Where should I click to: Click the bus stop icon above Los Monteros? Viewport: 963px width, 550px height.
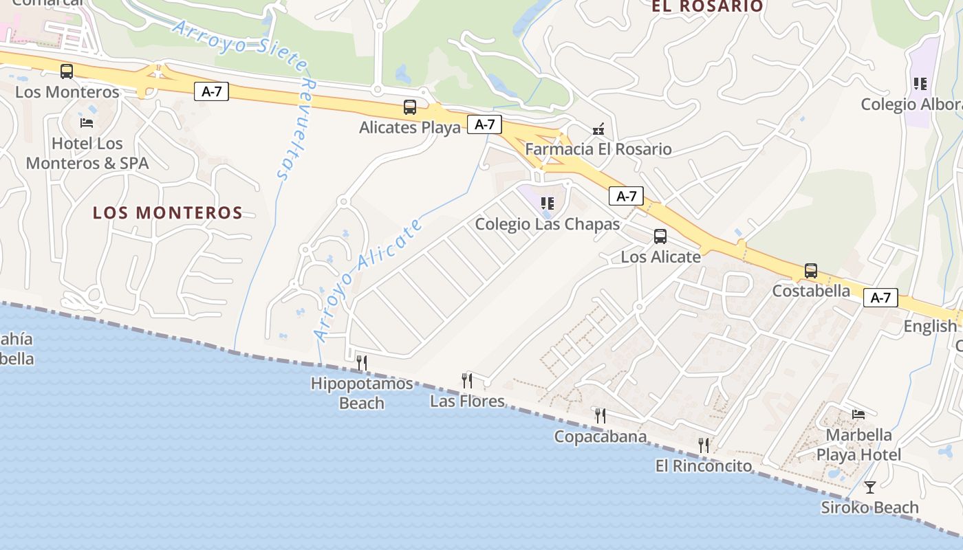click(x=67, y=71)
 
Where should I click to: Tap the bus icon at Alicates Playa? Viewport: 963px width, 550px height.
click(x=410, y=107)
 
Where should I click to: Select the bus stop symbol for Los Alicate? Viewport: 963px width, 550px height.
click(x=660, y=236)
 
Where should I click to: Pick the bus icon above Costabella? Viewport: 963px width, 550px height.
click(x=811, y=271)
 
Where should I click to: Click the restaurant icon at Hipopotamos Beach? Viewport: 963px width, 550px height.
click(x=362, y=362)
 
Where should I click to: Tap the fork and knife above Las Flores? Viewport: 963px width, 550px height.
click(x=467, y=380)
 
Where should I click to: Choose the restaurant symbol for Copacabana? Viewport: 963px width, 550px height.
click(x=600, y=415)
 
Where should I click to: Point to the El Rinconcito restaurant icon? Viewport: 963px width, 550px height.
click(x=704, y=445)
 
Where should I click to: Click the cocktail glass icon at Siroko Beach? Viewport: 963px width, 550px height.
click(x=870, y=487)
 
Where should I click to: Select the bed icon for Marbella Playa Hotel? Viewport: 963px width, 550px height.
click(x=858, y=414)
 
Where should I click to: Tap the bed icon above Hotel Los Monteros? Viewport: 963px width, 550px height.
click(x=87, y=123)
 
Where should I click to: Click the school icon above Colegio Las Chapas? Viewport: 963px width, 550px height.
click(x=548, y=203)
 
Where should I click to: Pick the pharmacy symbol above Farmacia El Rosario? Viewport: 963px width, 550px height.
click(x=598, y=129)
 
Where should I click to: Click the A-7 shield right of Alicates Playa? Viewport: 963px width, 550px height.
click(x=485, y=124)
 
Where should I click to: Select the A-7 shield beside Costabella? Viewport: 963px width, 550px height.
click(x=880, y=298)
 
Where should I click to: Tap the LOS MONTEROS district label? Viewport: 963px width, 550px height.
click(x=168, y=213)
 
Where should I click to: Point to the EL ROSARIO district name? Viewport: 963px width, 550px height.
click(x=708, y=6)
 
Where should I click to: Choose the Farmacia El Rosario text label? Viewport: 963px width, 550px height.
click(x=598, y=149)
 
